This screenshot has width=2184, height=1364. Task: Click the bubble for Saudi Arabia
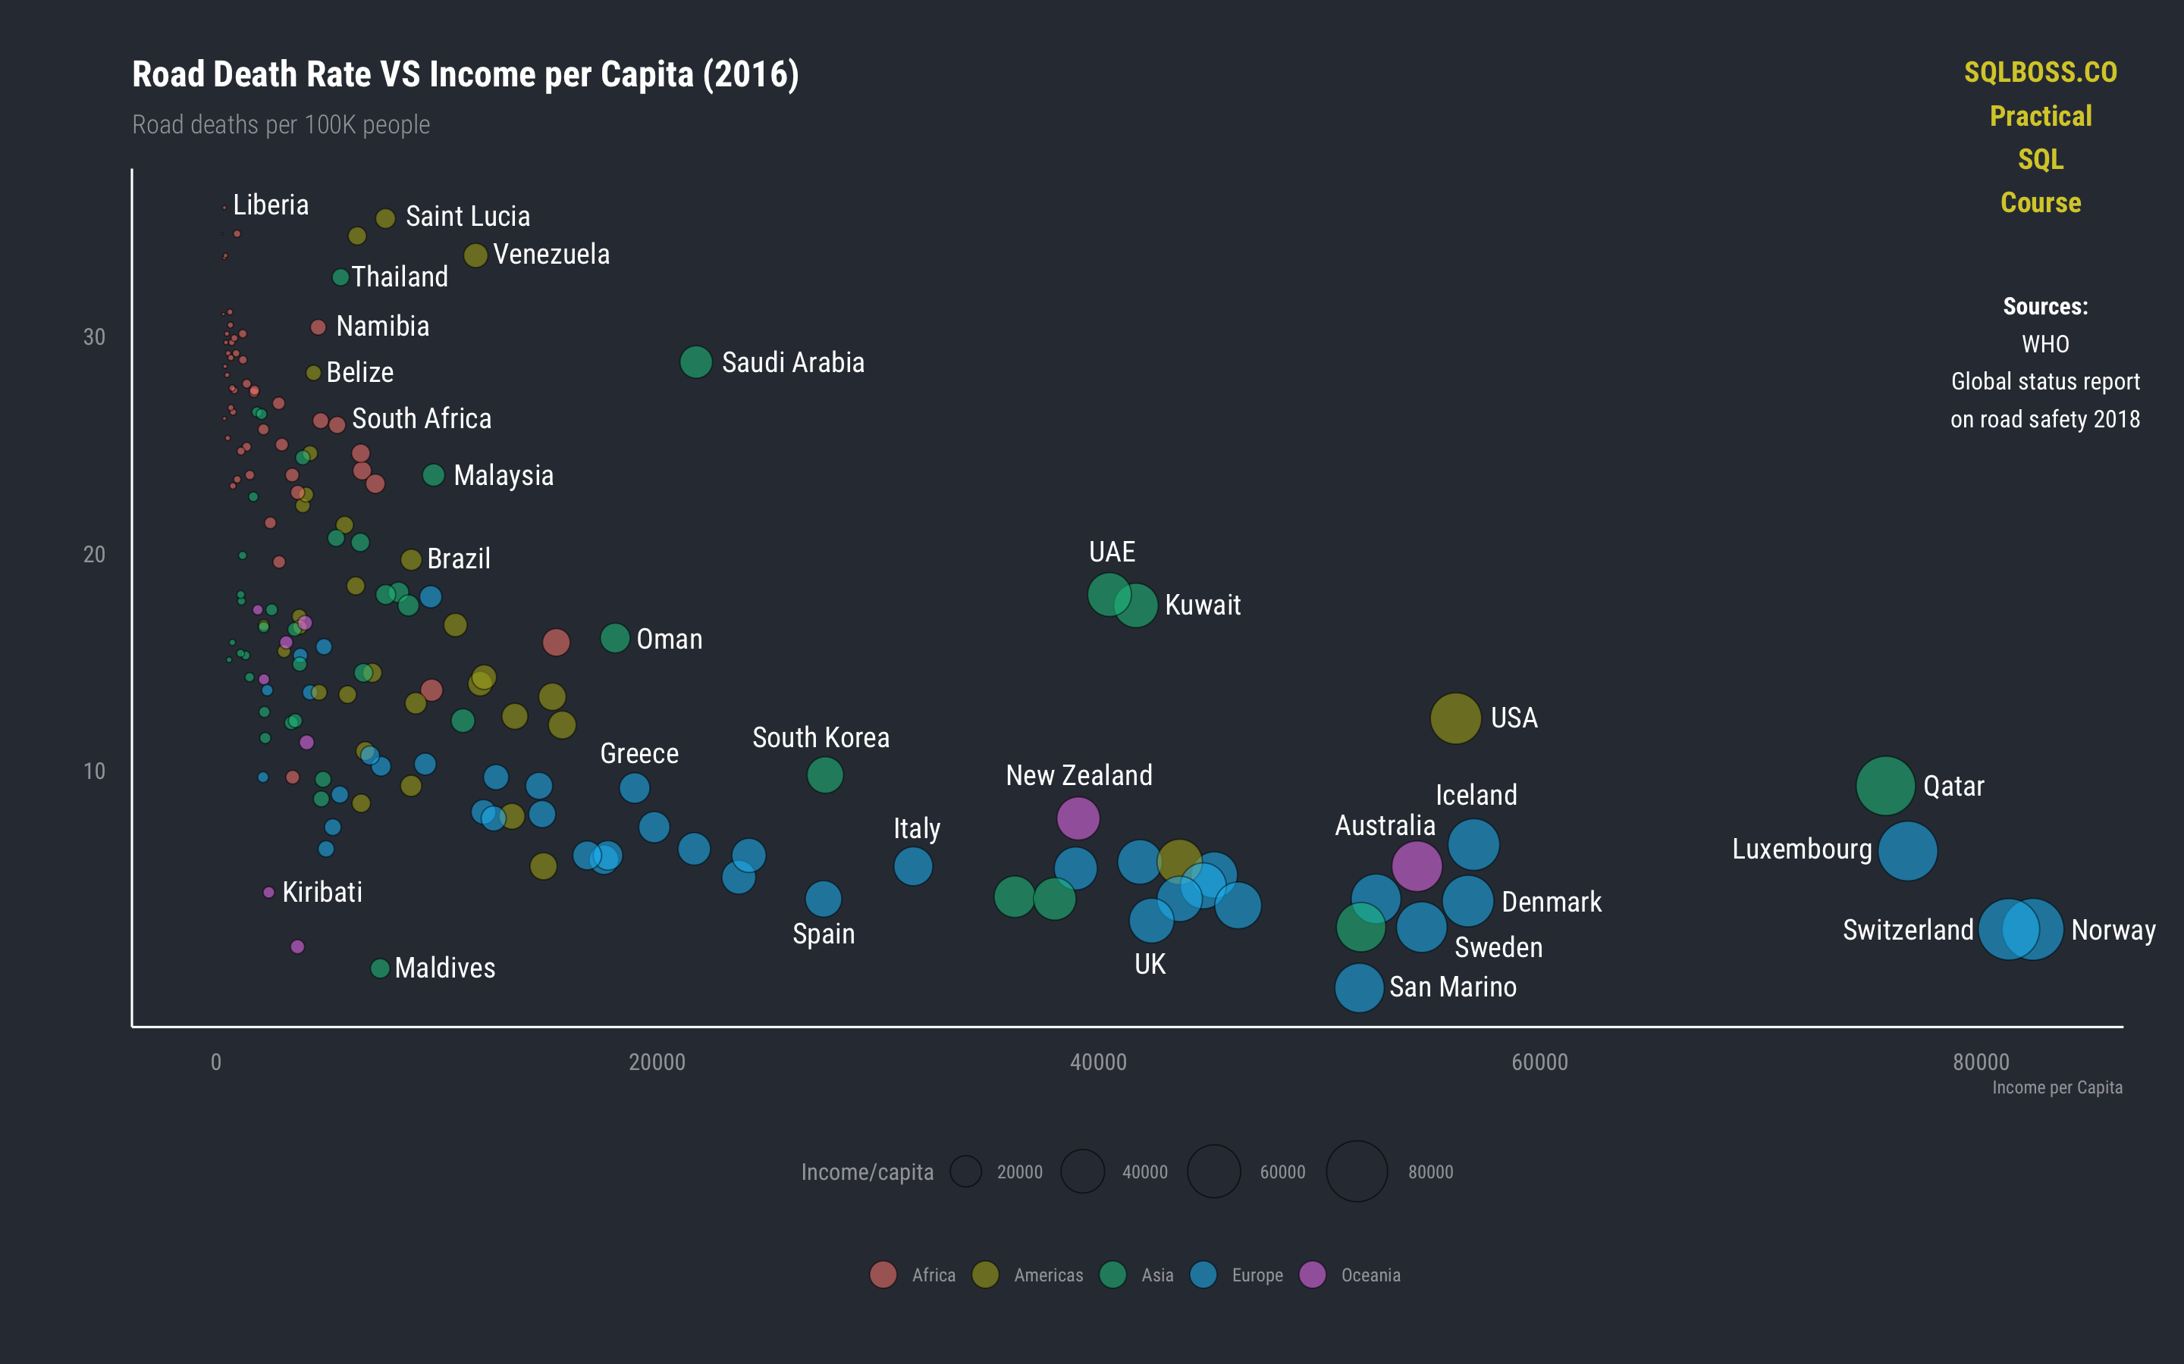point(695,361)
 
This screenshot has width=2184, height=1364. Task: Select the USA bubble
point(1454,718)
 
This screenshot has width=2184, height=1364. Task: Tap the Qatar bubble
point(1884,787)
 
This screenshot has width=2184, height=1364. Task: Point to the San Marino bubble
point(1358,988)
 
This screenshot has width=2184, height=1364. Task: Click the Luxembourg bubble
point(1907,851)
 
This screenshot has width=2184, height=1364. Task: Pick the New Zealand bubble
point(1078,818)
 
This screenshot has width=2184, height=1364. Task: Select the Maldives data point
point(380,968)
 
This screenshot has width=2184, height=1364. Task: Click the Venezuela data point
point(475,255)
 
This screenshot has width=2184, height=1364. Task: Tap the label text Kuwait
point(1202,605)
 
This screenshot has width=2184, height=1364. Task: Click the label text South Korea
point(821,738)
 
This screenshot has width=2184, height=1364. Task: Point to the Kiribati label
point(322,892)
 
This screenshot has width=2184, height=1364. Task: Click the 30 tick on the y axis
point(94,337)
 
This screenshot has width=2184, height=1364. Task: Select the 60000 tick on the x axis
point(1539,1062)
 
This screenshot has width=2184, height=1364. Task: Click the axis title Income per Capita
point(2056,1088)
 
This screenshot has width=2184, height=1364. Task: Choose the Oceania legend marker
point(1311,1275)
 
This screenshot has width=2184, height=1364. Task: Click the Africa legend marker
point(883,1275)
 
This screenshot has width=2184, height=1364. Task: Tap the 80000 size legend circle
point(1356,1172)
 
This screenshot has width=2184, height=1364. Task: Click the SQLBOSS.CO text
point(2040,73)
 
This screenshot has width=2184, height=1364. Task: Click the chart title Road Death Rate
point(465,75)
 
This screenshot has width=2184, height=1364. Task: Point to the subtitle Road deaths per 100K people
point(281,124)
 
